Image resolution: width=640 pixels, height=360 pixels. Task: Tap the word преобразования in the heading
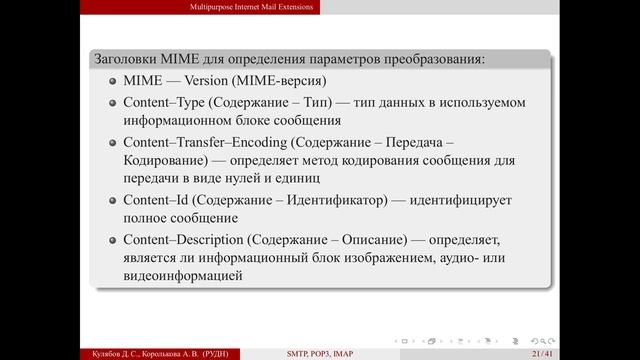point(429,60)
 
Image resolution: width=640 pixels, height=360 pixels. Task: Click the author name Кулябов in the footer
point(98,353)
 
